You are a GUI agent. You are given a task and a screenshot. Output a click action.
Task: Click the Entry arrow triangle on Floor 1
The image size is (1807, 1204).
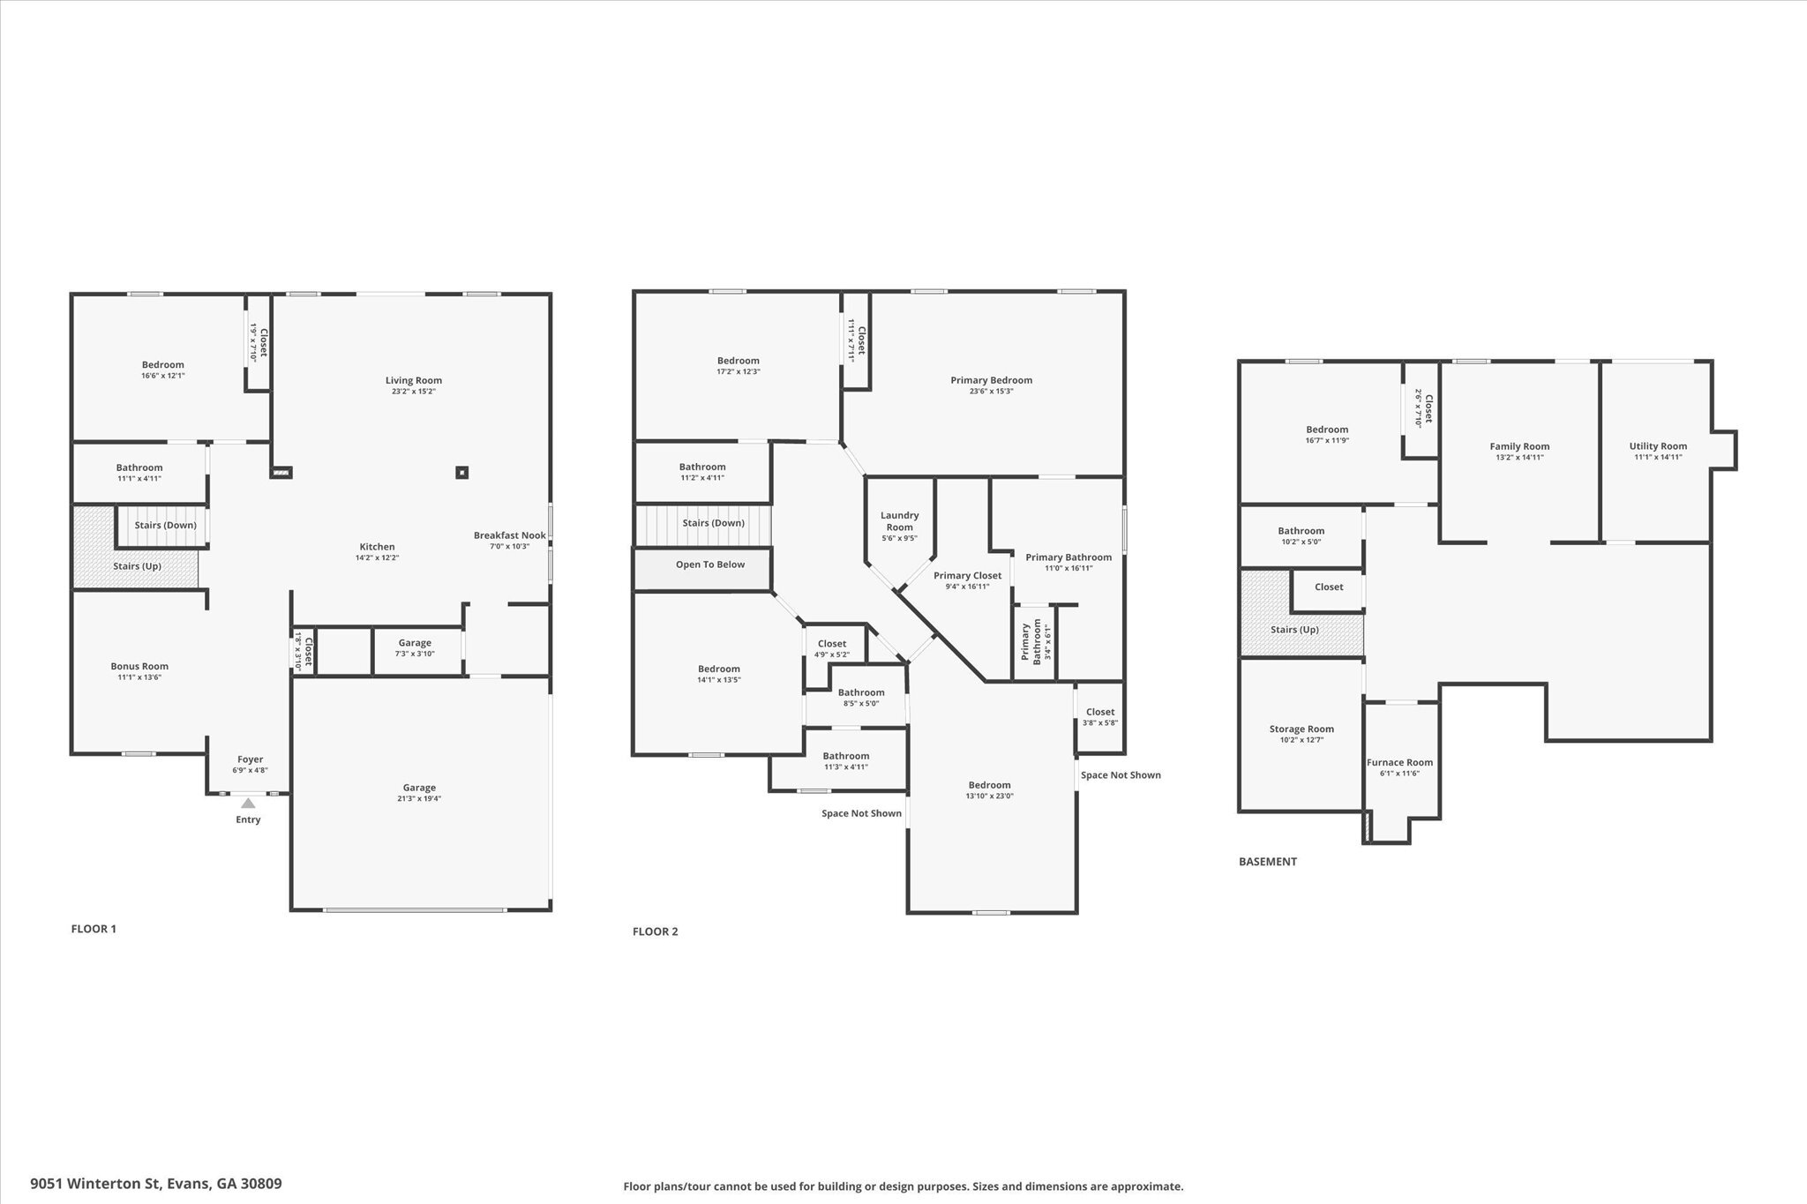pyautogui.click(x=248, y=803)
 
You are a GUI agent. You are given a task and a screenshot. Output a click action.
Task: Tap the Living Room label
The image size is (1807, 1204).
pyautogui.click(x=413, y=381)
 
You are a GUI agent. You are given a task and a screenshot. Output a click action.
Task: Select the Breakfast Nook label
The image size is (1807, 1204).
pyautogui.click(x=509, y=535)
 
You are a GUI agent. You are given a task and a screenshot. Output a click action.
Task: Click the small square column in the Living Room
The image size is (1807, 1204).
pyautogui.click(x=461, y=473)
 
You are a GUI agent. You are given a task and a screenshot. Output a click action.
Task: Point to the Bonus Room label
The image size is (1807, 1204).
pyautogui.click(x=139, y=667)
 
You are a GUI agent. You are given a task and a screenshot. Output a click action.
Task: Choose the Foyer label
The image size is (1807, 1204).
pyautogui.click(x=250, y=759)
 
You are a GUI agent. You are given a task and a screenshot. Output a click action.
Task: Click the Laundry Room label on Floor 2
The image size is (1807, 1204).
pyautogui.click(x=899, y=521)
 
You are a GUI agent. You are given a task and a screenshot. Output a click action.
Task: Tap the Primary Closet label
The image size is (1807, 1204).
pyautogui.click(x=967, y=576)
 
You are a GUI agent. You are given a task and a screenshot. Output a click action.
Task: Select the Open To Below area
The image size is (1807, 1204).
pyautogui.click(x=710, y=565)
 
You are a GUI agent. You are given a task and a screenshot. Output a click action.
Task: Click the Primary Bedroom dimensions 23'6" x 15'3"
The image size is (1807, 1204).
pyautogui.click(x=991, y=392)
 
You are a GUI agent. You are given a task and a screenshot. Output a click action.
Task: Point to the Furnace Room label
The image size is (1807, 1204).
pyautogui.click(x=1399, y=763)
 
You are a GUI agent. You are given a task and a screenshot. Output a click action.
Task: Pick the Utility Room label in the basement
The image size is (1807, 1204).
pyautogui.click(x=1657, y=446)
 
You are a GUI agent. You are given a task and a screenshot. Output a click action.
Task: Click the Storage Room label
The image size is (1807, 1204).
pyautogui.click(x=1301, y=729)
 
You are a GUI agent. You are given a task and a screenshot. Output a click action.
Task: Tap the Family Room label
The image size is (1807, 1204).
pyautogui.click(x=1519, y=446)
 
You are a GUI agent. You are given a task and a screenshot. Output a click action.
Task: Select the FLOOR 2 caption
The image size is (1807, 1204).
pyautogui.click(x=655, y=931)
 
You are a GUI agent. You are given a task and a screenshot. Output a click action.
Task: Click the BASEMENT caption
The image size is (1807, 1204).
pyautogui.click(x=1267, y=862)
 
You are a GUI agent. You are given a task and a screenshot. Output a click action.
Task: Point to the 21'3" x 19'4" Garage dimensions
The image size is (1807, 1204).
pyautogui.click(x=419, y=799)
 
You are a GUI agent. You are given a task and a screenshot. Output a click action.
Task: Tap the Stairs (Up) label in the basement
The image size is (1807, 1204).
pyautogui.click(x=1294, y=630)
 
